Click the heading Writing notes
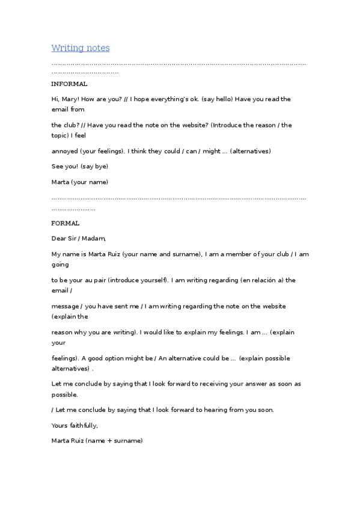(81, 48)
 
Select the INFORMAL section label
(69, 84)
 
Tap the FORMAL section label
(66, 223)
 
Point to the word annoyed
(66, 151)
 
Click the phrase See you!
(64, 166)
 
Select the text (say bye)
(94, 166)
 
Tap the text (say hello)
(222, 99)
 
